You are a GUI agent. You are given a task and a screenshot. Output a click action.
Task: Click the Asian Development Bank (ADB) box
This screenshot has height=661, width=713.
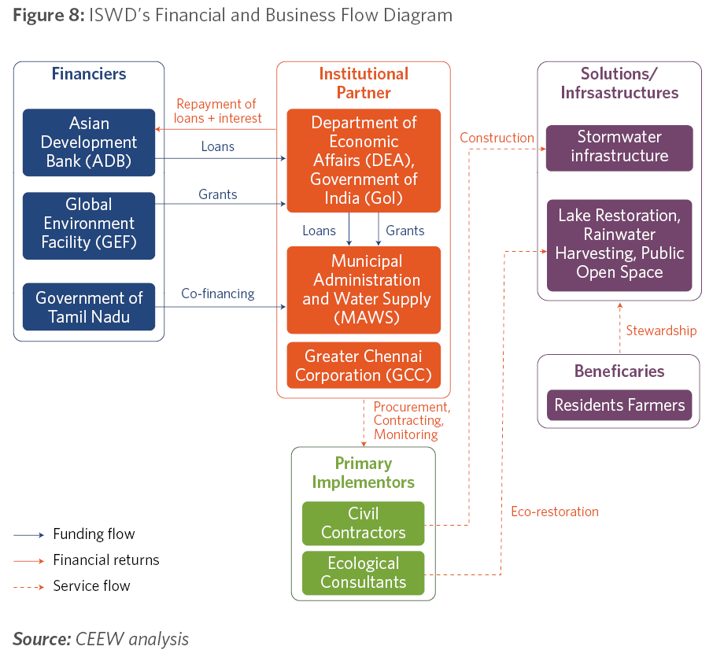coord(89,142)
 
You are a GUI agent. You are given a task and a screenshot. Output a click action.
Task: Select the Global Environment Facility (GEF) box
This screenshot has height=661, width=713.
coord(89,226)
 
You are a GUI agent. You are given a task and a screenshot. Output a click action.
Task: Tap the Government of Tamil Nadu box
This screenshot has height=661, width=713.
coord(89,307)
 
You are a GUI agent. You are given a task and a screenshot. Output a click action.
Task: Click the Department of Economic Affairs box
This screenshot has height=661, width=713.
coord(364,161)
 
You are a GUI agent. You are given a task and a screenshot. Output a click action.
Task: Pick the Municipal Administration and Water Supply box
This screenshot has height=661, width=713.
coord(364,290)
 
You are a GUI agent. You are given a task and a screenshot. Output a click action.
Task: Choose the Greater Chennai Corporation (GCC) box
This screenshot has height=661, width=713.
coord(364,365)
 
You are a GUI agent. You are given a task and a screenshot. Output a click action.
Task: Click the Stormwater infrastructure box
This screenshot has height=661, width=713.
coord(619,148)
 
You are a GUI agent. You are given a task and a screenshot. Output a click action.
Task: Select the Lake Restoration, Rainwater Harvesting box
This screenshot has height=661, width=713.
coord(619,246)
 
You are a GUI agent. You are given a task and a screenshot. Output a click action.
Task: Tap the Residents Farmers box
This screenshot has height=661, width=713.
coord(619,405)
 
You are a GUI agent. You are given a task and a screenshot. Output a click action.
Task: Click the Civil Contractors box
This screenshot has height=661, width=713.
coord(364,523)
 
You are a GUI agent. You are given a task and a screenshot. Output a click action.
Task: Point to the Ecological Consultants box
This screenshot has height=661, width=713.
coord(364,574)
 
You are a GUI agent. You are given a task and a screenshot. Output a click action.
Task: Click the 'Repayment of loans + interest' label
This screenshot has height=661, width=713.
coord(217,111)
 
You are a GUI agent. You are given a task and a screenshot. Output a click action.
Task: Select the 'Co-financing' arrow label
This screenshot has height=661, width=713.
coord(218,294)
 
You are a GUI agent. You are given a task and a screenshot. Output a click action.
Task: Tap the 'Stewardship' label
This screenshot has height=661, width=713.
coord(661,330)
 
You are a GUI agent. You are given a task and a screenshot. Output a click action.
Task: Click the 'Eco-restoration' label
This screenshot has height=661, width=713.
coord(555,511)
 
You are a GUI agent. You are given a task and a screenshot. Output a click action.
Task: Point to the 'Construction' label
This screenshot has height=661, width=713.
coord(497,138)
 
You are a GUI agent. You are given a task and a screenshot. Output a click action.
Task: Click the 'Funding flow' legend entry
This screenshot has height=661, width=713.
coord(74,534)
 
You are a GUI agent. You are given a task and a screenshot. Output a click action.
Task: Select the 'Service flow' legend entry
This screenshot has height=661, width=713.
coord(72,586)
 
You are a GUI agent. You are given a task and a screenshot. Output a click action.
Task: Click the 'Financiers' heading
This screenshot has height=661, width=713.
coord(89,74)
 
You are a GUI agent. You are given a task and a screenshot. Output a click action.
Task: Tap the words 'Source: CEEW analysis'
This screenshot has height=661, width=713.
coord(101,639)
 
